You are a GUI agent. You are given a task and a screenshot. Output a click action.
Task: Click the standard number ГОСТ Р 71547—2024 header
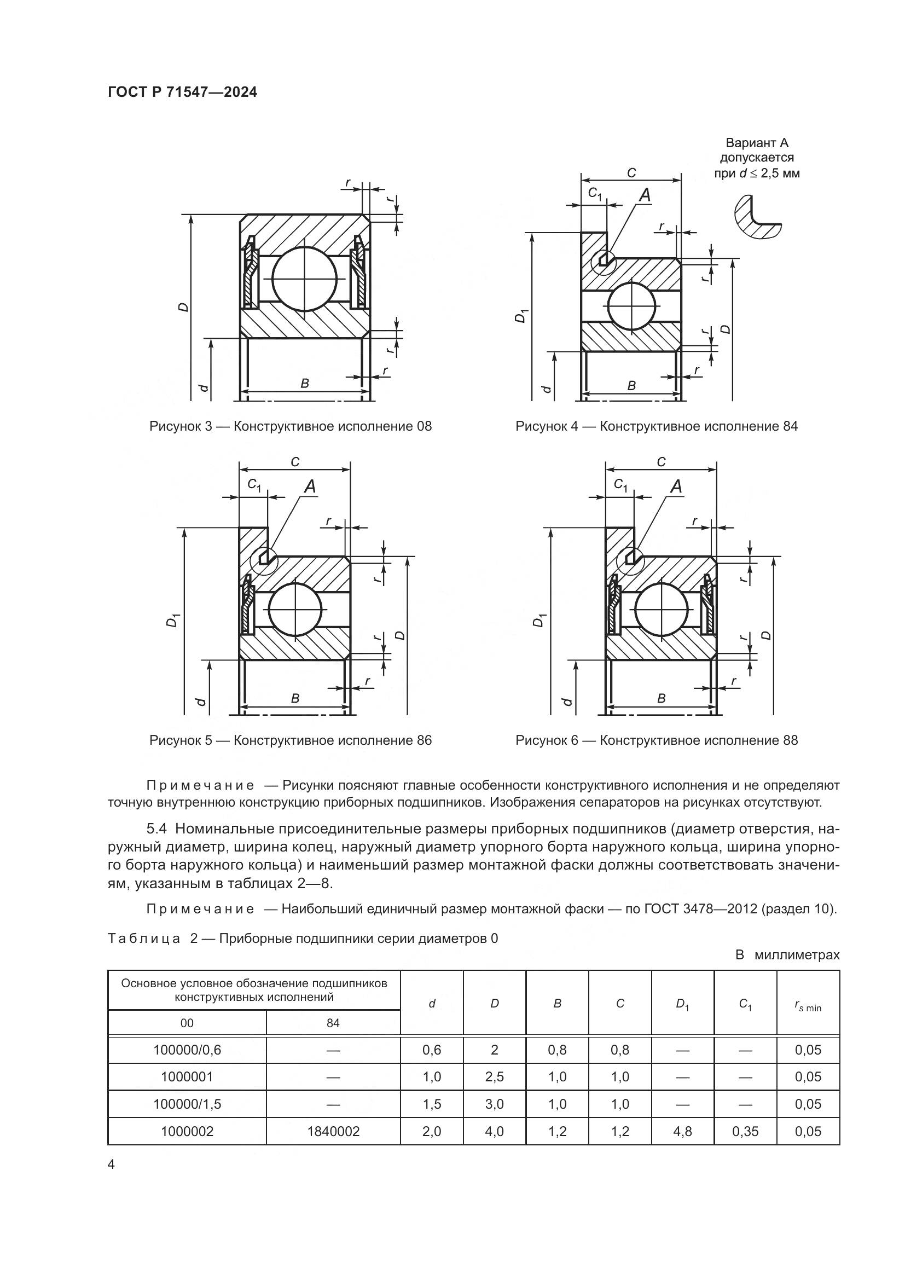(x=182, y=92)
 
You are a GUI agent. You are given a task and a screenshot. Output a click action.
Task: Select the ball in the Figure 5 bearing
(x=295, y=609)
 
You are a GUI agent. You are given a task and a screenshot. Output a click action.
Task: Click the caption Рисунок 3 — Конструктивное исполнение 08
(x=291, y=426)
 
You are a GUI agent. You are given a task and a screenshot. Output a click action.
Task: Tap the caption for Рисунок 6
(x=657, y=740)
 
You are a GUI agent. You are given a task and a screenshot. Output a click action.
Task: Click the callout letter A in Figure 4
(x=645, y=195)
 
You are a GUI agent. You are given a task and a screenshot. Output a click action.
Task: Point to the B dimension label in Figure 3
(x=304, y=384)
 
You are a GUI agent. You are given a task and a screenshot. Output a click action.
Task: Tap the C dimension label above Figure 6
(x=661, y=462)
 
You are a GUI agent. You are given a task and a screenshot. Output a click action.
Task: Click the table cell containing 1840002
(x=333, y=1131)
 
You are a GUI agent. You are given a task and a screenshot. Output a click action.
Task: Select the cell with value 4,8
(x=682, y=1131)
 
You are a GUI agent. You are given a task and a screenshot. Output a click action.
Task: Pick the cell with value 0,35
(x=745, y=1131)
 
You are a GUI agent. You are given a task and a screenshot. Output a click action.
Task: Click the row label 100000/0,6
(x=187, y=1050)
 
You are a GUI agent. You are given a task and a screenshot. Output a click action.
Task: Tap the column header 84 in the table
(x=333, y=1023)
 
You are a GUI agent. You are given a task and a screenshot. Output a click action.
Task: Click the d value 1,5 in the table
(x=431, y=1104)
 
